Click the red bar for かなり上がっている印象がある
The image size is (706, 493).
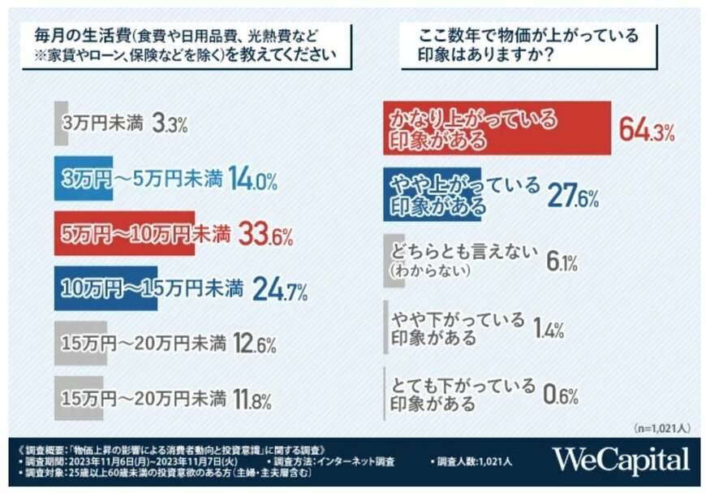click(495, 128)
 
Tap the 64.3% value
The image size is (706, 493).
click(647, 129)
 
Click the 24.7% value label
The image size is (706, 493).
click(279, 288)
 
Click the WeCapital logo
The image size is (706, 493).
click(621, 460)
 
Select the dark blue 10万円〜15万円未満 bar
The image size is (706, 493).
click(105, 288)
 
